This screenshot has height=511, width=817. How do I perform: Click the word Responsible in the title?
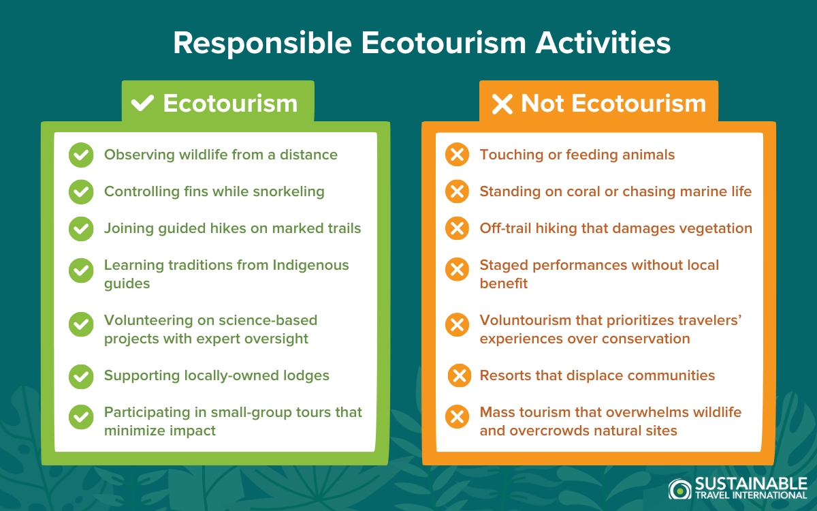coord(263,44)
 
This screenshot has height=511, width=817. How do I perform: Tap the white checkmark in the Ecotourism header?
coord(142,103)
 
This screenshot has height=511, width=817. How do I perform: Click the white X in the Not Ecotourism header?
coord(502,104)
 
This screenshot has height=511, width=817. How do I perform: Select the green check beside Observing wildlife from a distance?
coord(81,155)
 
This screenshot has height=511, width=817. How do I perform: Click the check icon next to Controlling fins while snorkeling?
coord(81,191)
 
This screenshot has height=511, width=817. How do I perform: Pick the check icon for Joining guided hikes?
coord(81,228)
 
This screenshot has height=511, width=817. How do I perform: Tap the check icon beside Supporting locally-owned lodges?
coord(81,376)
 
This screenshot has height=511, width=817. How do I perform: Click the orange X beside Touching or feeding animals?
coord(457,155)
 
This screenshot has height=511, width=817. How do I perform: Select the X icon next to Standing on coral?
coord(457,191)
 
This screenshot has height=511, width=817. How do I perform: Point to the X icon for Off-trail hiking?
coord(457,228)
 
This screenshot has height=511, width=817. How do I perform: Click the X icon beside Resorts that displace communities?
coord(460,375)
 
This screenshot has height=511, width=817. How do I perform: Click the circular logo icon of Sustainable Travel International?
coord(680,489)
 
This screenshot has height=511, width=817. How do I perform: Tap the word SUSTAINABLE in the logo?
coord(751,484)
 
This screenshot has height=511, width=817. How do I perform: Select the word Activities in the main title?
coord(603,43)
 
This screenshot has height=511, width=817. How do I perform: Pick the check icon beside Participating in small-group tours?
coord(81,417)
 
